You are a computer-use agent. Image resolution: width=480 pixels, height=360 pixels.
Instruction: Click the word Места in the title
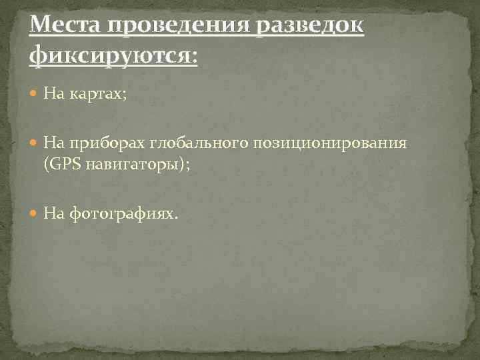pos(62,27)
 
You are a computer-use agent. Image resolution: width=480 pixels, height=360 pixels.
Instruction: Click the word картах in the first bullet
pos(89,95)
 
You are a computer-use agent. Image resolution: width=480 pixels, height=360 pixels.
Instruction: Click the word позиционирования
pos(326,143)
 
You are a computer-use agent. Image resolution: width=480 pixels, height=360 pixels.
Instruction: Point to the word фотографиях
pos(120,213)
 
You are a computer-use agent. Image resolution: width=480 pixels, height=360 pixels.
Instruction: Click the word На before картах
pos(53,95)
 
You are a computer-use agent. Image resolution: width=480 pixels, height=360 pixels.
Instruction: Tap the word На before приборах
pos(53,143)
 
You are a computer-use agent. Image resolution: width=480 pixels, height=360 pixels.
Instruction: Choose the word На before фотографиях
pos(53,213)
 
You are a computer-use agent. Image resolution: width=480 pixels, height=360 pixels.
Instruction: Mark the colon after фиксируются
pos(194,57)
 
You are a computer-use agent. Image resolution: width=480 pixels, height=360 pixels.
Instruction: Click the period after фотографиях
pos(177,217)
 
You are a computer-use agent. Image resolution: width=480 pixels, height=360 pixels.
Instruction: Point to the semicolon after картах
pos(123,97)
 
